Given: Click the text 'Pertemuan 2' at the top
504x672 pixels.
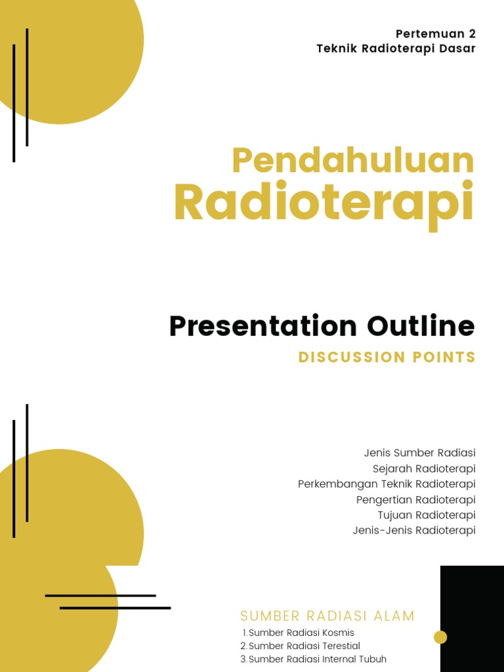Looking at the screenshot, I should click(435, 34).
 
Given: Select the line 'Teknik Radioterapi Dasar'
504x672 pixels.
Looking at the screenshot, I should click(396, 49).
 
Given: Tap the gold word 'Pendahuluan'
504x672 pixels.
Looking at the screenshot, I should click(352, 161).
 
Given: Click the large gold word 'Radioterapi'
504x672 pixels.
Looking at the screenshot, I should click(324, 203).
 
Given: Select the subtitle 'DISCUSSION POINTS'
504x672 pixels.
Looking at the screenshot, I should click(387, 358).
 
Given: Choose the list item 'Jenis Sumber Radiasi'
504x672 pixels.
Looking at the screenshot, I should click(419, 453).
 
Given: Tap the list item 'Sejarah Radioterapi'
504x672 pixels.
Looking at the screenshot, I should click(424, 469).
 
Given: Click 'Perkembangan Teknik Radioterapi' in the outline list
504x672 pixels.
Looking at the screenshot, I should click(387, 484).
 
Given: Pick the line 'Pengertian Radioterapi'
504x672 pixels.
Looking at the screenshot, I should click(415, 500).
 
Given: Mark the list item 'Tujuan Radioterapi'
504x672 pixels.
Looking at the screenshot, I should click(427, 515).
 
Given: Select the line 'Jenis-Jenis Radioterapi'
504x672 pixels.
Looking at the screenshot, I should click(413, 531).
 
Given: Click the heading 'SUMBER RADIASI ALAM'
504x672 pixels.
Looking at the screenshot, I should click(327, 616).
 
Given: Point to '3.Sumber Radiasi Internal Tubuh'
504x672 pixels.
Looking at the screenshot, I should click(314, 660).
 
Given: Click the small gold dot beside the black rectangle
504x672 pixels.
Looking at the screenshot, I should click(440, 637).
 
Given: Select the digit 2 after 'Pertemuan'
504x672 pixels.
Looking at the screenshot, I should click(472, 34).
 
